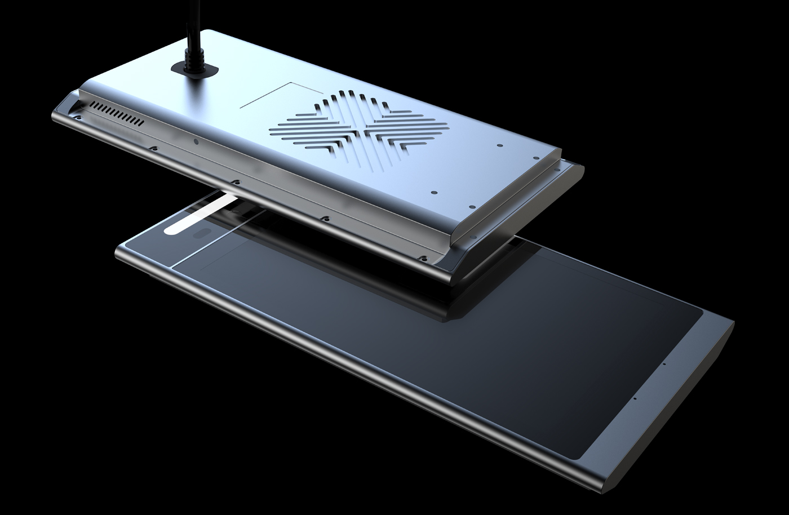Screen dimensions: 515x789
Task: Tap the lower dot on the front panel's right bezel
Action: coord(636,398)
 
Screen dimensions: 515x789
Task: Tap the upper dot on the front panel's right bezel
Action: coord(664,364)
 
